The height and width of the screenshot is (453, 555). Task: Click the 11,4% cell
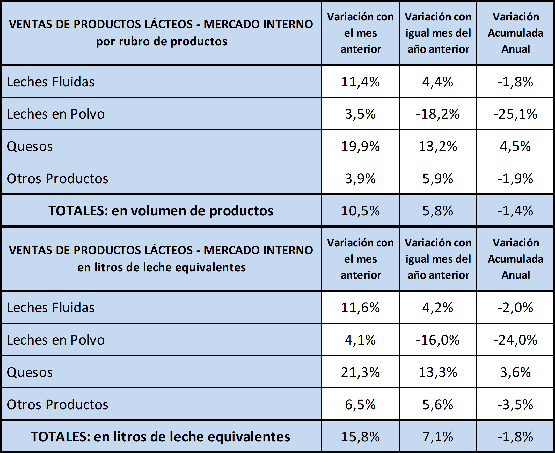[360, 82]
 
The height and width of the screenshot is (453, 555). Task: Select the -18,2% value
[437, 114]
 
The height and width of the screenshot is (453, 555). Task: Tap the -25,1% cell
[515, 114]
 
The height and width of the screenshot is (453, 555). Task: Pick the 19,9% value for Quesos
[360, 146]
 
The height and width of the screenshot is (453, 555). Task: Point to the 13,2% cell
[438, 146]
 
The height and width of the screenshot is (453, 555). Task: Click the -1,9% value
[515, 179]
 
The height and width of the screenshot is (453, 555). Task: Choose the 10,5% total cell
[360, 211]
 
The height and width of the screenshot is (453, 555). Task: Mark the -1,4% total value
[515, 211]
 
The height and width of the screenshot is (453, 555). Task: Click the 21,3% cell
[360, 372]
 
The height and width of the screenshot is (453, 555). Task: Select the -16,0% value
[437, 340]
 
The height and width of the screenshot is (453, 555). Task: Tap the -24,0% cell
[515, 340]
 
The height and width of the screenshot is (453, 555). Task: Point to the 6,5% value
[360, 404]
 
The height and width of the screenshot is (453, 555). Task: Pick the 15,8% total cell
[360, 436]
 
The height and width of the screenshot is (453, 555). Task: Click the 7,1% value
[438, 436]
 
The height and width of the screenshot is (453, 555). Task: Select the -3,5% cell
[515, 404]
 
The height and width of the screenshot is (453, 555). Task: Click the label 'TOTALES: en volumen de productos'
[161, 211]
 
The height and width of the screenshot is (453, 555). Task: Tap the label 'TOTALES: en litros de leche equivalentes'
[160, 436]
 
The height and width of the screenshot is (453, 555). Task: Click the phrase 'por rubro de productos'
[162, 41]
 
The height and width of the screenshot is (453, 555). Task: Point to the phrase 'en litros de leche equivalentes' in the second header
[162, 267]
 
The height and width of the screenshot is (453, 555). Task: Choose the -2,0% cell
[515, 308]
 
